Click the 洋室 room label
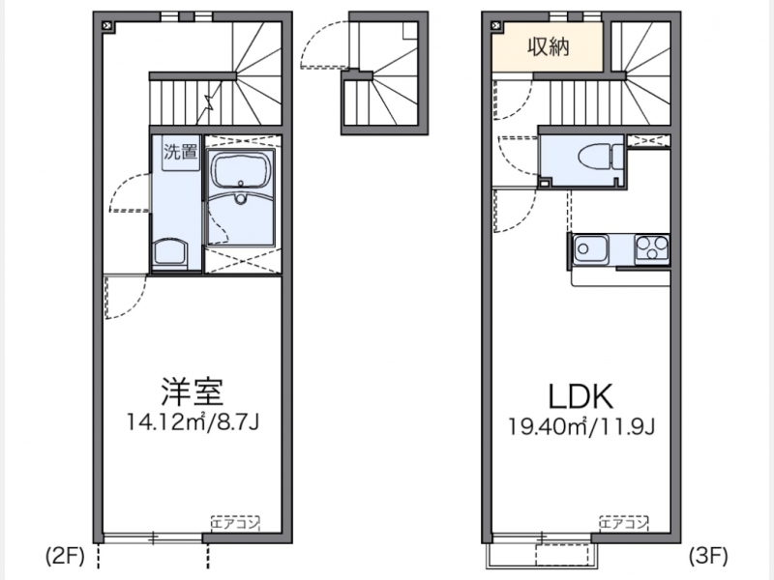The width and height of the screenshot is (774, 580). click(192, 391)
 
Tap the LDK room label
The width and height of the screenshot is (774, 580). click(581, 396)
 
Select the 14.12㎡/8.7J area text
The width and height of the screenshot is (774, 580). click(193, 422)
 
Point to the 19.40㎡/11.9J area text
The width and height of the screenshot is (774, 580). click(581, 426)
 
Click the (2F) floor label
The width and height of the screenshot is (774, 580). click(65, 557)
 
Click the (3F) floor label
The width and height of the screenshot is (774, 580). click(708, 556)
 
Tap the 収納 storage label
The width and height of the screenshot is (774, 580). click(549, 46)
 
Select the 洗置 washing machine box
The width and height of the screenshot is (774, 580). click(181, 153)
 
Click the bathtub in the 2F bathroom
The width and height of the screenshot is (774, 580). click(242, 168)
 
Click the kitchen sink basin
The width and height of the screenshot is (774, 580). click(591, 248)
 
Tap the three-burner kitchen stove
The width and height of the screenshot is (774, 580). click(651, 247)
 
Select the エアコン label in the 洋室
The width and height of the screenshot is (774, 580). click(235, 523)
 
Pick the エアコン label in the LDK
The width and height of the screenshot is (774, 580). click(623, 523)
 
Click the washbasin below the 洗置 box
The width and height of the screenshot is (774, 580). click(170, 253)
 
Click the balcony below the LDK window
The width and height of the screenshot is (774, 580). click(543, 554)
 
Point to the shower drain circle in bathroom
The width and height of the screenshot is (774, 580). click(240, 199)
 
